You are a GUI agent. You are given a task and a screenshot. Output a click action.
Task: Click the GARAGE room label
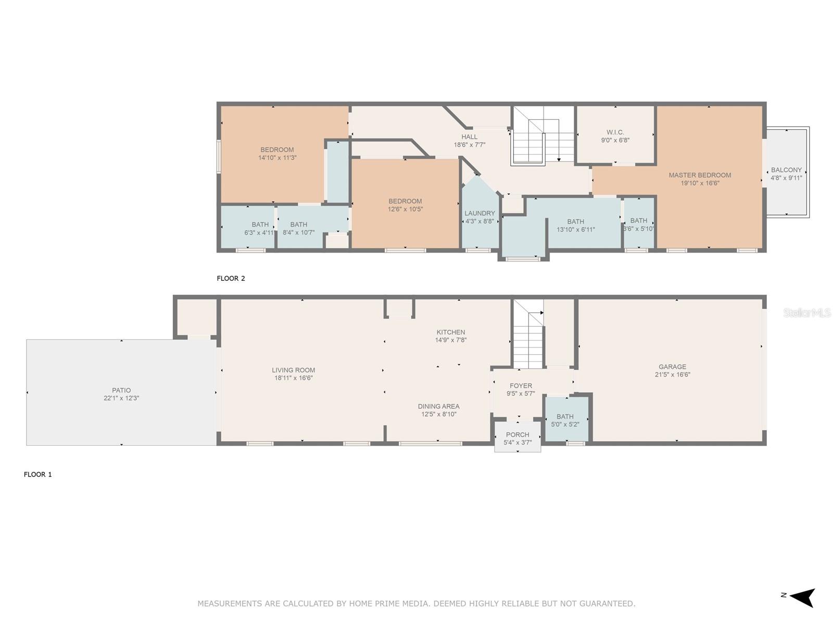[x=672, y=367]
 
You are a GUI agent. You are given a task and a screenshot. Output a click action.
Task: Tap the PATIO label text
[x=121, y=390]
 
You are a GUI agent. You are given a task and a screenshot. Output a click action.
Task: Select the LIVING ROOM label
[x=293, y=370]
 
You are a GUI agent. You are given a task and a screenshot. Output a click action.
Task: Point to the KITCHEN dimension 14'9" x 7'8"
[x=450, y=340]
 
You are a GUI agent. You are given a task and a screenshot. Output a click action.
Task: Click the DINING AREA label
[x=439, y=406]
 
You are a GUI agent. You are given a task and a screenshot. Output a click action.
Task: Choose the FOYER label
[x=521, y=385]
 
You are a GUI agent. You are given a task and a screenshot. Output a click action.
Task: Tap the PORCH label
[x=518, y=434]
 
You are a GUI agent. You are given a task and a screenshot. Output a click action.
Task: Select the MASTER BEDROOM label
[x=700, y=175]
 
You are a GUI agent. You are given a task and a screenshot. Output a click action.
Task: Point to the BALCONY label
[x=786, y=170]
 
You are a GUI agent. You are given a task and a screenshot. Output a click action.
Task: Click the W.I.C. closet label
[x=615, y=132]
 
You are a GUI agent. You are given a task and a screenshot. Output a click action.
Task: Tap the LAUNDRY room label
[x=479, y=213]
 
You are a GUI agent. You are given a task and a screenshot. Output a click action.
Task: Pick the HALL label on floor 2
[x=470, y=136]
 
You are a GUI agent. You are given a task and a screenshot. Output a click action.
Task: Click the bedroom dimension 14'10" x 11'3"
[x=277, y=157]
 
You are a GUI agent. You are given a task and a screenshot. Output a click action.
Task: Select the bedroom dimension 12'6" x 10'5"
[x=405, y=209]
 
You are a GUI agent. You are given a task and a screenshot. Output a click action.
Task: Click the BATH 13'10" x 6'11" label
[x=575, y=226]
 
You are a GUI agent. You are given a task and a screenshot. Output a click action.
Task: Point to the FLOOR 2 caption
[x=231, y=278]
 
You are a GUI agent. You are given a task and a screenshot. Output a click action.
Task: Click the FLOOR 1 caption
[x=37, y=474]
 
